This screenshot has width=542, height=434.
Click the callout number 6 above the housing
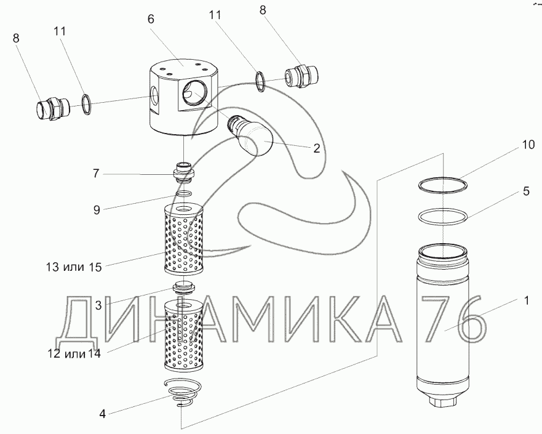pyautogui.click(x=151, y=19)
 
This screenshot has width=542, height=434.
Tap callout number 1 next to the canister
pyautogui.click(x=525, y=301)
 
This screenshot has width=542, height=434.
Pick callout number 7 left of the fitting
pyautogui.click(x=95, y=174)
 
